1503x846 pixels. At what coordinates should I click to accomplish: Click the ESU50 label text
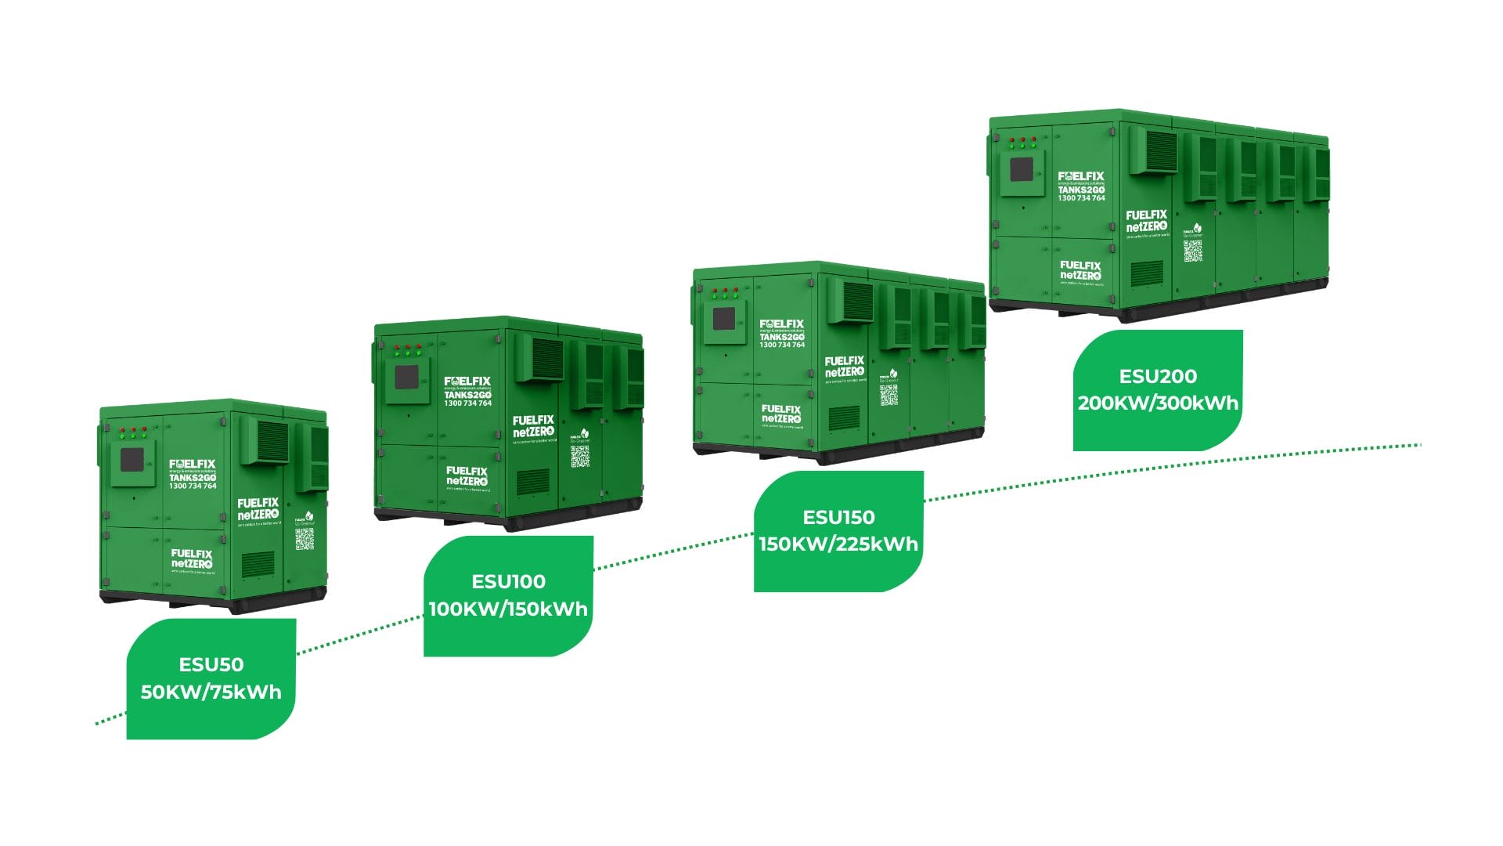click(211, 664)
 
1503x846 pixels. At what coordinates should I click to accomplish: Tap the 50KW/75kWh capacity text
click(211, 692)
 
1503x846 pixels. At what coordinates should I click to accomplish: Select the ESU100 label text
click(508, 581)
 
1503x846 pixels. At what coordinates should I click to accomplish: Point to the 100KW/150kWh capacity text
click(508, 609)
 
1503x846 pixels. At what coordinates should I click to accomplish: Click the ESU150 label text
click(838, 517)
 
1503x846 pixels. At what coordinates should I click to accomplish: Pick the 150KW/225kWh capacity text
click(838, 544)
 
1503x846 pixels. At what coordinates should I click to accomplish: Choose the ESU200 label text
click(1158, 376)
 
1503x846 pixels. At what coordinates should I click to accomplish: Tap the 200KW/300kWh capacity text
click(1158, 403)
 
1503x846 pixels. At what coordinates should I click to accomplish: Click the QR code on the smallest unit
click(305, 539)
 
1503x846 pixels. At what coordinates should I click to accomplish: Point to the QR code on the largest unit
click(1192, 251)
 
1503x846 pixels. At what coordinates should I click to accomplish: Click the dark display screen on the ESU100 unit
click(406, 378)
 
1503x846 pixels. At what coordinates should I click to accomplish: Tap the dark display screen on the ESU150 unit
click(724, 319)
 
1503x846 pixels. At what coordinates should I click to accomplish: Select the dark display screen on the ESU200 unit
click(1022, 169)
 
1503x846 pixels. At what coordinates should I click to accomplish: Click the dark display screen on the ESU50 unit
click(132, 460)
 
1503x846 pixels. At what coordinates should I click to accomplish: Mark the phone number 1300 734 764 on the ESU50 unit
click(193, 486)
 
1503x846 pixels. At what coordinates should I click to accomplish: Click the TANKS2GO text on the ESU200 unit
click(1081, 190)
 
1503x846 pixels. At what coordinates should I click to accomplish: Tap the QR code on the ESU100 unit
click(579, 457)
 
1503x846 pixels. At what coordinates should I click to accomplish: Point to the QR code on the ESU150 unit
click(888, 395)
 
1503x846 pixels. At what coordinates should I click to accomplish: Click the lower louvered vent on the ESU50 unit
click(258, 564)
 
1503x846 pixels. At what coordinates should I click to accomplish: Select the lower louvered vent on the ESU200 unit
click(1147, 273)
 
